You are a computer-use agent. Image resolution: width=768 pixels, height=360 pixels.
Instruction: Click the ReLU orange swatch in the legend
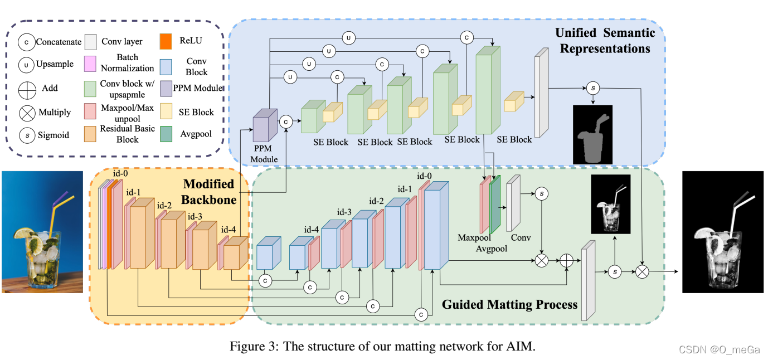166,41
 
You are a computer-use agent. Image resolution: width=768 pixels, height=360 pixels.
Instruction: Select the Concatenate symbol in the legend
26,42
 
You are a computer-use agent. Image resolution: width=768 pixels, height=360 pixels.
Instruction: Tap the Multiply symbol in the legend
26,112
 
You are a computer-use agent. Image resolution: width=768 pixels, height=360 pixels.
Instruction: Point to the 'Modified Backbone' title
210,192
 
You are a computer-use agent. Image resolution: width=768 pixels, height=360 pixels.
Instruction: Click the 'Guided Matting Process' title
509,304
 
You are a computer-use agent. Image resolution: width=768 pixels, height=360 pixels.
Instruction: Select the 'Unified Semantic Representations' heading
605,41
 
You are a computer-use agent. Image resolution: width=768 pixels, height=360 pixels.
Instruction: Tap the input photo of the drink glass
42,232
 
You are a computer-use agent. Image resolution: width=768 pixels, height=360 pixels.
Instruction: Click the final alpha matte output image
722,232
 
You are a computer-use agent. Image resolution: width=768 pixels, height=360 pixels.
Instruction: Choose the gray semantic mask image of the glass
592,134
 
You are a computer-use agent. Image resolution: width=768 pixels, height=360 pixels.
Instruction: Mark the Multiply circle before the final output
642,271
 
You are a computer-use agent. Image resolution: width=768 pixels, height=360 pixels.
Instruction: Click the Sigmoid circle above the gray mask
592,87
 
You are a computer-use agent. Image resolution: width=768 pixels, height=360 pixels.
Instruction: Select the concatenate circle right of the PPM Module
286,120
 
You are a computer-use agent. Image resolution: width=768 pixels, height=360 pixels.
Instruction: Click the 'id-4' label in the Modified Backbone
229,230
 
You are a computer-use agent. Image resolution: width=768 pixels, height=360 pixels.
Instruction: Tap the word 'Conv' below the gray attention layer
521,238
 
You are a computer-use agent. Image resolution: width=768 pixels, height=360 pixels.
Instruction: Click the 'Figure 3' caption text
382,346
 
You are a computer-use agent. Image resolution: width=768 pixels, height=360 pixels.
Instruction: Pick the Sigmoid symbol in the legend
26,135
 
